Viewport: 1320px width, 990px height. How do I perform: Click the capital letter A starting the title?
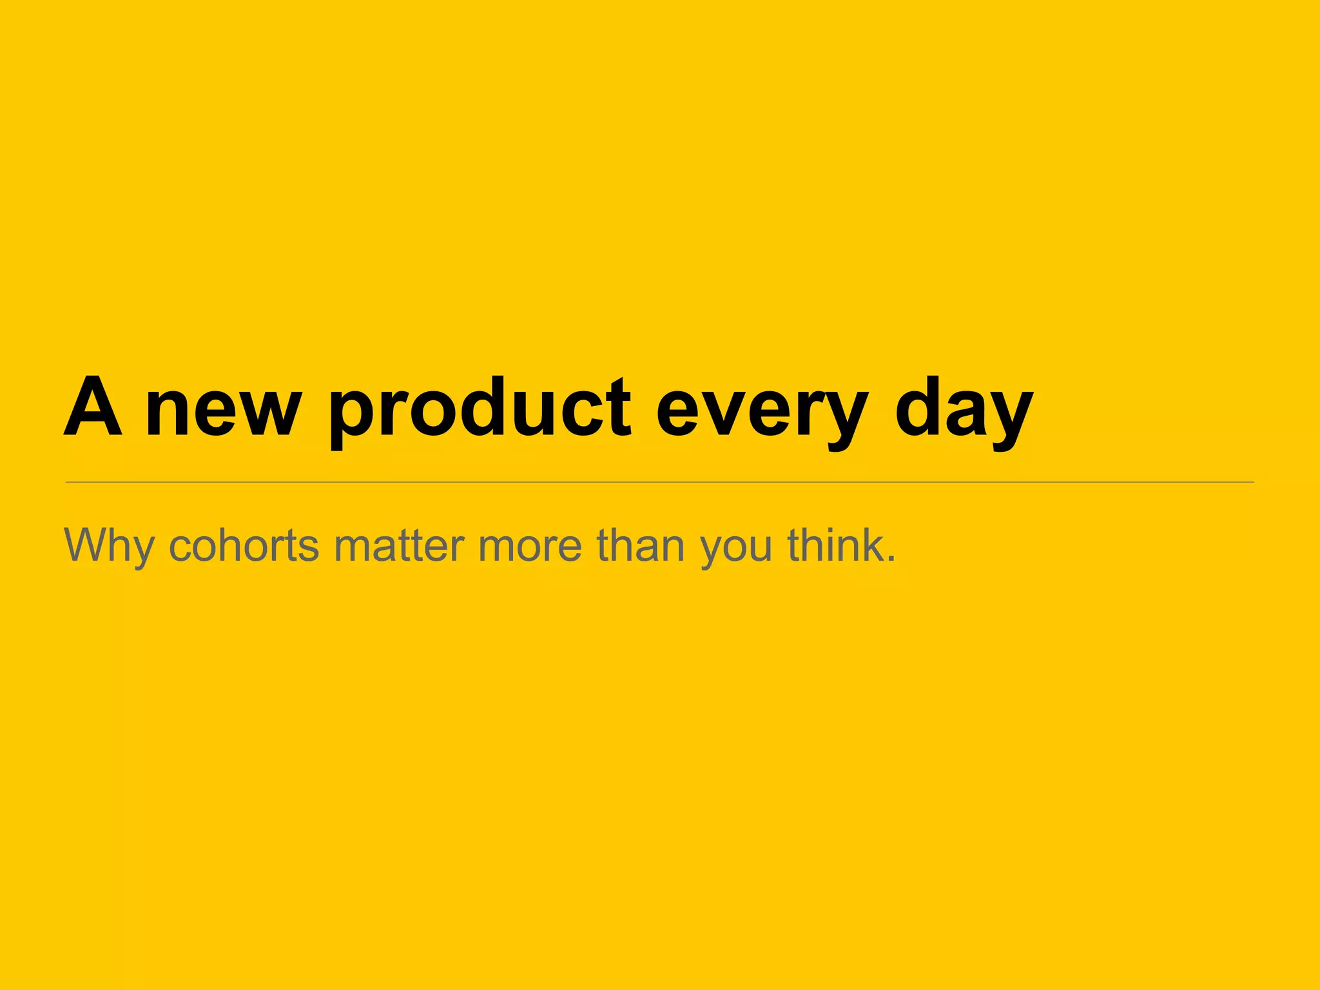93,407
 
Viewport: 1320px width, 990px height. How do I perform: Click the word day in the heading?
964,412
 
